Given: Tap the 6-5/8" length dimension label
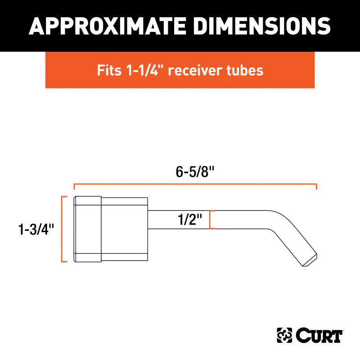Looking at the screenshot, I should (x=195, y=173).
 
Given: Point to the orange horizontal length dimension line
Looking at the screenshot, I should (x=195, y=185).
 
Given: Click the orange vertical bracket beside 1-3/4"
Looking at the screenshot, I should (x=63, y=229).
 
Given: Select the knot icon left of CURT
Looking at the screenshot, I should (x=284, y=336).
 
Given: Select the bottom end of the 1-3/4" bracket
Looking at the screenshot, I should (x=63, y=261).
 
